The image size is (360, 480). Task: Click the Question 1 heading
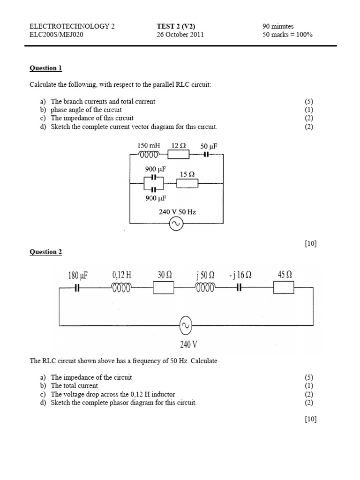coord(45,68)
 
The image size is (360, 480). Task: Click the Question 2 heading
coord(45,252)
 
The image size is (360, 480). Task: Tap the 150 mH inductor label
coord(149,146)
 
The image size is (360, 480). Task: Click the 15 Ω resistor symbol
coord(187,183)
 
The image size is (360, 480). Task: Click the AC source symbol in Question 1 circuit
coord(177,225)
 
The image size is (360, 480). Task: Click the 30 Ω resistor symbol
coord(164,288)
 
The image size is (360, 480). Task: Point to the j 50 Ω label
coord(205,275)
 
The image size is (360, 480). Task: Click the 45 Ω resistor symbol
coord(284,288)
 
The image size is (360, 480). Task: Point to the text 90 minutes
coord(278,26)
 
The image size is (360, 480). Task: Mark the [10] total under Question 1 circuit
coord(310,243)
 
